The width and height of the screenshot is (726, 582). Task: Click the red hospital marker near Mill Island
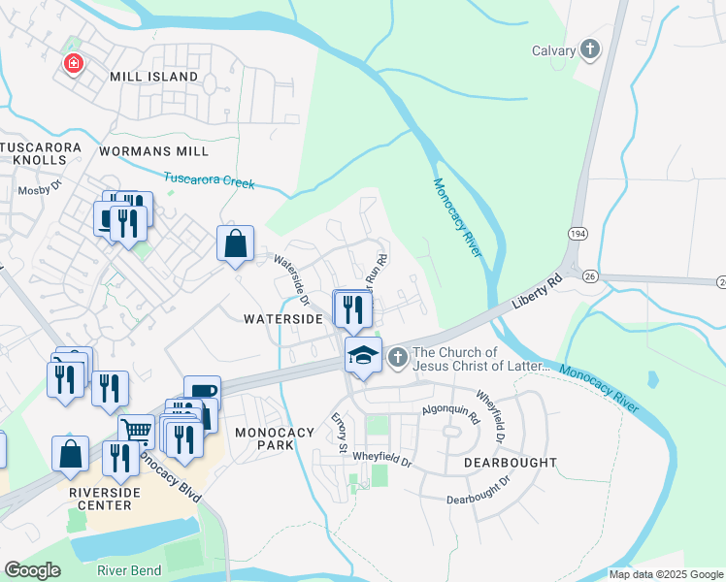click(x=73, y=64)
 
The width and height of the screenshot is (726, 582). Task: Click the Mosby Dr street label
click(x=40, y=190)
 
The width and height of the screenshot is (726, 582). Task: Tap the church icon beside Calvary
click(x=589, y=50)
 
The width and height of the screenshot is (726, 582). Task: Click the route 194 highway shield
click(x=577, y=234)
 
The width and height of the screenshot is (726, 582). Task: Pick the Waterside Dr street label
click(x=290, y=280)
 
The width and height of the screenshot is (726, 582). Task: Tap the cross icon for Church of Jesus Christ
click(x=397, y=359)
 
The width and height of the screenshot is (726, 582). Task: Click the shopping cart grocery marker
click(x=137, y=430)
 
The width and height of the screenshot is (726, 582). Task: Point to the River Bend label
click(x=129, y=570)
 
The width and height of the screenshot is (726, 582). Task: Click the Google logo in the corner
click(x=32, y=569)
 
